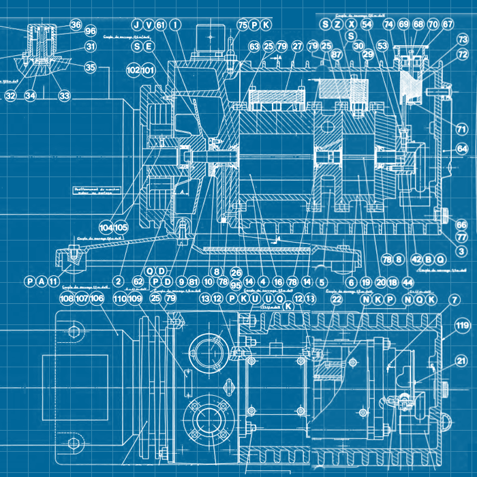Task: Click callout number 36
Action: coord(76,25)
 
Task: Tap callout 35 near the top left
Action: coord(91,67)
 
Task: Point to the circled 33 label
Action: coord(64,96)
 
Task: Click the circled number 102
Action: coord(133,70)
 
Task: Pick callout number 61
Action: coord(161,25)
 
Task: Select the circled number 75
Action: coord(243,25)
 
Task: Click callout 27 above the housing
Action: coord(297,46)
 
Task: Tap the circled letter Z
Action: coord(338,25)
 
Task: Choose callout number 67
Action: coord(448,25)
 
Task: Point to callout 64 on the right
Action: coord(463,148)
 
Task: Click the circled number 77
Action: coord(462,238)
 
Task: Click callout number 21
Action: coord(462,361)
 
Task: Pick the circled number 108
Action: coord(66,298)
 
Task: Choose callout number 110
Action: coord(119,298)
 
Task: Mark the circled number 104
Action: coord(106,227)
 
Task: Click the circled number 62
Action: coord(138,281)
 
